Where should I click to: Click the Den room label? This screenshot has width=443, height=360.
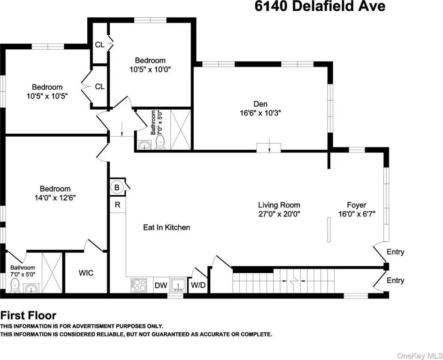coord(260,104)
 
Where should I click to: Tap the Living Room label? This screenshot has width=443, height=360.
coord(279,205)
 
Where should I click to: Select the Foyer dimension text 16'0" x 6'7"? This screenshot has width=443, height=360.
coord(357,214)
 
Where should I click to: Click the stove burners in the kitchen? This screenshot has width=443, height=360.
coord(139,285)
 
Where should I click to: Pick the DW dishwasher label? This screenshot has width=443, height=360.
coord(161,285)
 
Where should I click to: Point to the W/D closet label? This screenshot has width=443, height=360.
coord(198,285)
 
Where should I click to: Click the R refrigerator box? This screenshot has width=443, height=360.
coord(117,205)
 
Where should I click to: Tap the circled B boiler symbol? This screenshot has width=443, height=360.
coord(117,187)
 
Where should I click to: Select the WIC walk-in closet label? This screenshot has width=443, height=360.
coord(86,273)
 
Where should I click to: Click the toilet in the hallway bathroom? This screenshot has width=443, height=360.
coord(160,142)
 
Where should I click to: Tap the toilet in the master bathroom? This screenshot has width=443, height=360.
coord(15,285)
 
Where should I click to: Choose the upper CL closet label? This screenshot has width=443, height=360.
coord(99,45)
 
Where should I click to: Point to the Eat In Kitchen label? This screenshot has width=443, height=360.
coord(167,227)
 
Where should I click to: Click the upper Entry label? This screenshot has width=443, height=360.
coord(395,252)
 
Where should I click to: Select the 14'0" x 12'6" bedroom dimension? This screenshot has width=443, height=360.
coord(55,198)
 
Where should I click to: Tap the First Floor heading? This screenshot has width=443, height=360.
coord(28,315)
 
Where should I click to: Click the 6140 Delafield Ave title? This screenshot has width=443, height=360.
coord(320,6)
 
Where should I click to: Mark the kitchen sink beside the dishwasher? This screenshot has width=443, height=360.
coord(178,285)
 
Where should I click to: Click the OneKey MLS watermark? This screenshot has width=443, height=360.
coord(420,355)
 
